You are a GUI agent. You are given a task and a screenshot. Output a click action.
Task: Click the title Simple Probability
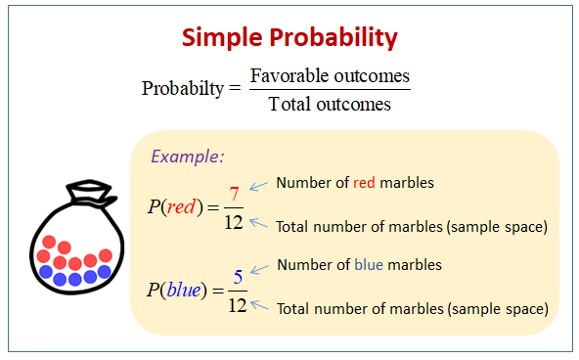(x=289, y=38)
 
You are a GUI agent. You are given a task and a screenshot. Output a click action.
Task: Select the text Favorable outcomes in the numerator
(x=330, y=75)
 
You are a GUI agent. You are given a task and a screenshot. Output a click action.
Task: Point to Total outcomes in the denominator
(x=330, y=104)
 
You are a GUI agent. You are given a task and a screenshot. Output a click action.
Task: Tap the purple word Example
(x=187, y=157)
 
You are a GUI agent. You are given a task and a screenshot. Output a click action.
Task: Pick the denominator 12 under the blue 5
(x=236, y=305)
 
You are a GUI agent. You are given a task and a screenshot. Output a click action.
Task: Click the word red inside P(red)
(x=181, y=207)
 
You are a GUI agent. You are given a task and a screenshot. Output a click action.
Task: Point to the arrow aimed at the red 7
(x=259, y=185)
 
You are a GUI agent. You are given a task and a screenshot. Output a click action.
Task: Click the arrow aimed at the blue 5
(x=259, y=268)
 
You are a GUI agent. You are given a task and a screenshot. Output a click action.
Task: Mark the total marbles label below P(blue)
(x=411, y=308)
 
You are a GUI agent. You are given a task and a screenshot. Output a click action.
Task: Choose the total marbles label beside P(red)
(x=411, y=226)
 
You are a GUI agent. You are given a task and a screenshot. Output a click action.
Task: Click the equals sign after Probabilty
(x=234, y=88)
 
